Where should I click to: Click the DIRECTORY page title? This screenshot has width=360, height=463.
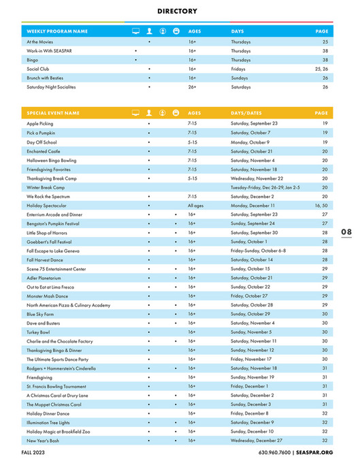point(177,12)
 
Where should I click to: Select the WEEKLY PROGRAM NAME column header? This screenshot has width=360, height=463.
point(57,31)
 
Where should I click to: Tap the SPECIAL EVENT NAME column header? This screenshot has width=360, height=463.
point(53,113)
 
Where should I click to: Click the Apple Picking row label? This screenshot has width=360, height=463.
point(39,123)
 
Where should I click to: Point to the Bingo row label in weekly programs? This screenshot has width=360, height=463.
point(32,60)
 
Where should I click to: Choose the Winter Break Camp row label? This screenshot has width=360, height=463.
point(46,187)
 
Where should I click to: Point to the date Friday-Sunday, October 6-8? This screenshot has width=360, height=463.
point(258,251)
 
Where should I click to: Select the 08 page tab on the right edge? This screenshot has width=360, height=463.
point(346,232)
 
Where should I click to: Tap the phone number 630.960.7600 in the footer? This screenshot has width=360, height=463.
point(275,453)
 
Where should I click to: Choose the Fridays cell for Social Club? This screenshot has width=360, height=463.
point(238,69)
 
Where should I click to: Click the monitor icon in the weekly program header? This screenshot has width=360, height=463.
point(135,31)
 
